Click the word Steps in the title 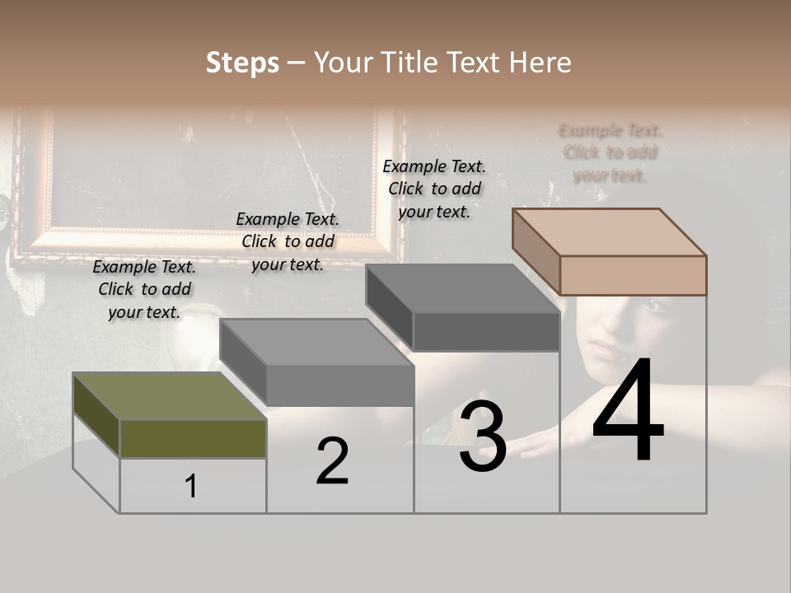[242, 63]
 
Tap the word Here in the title [540, 63]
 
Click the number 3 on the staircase [483, 437]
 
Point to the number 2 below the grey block [332, 461]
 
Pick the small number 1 [191, 487]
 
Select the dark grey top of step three [462, 288]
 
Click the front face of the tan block [633, 275]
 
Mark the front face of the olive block [193, 438]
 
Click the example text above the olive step [144, 289]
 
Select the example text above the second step [288, 241]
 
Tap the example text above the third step [434, 189]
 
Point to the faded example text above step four [610, 152]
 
